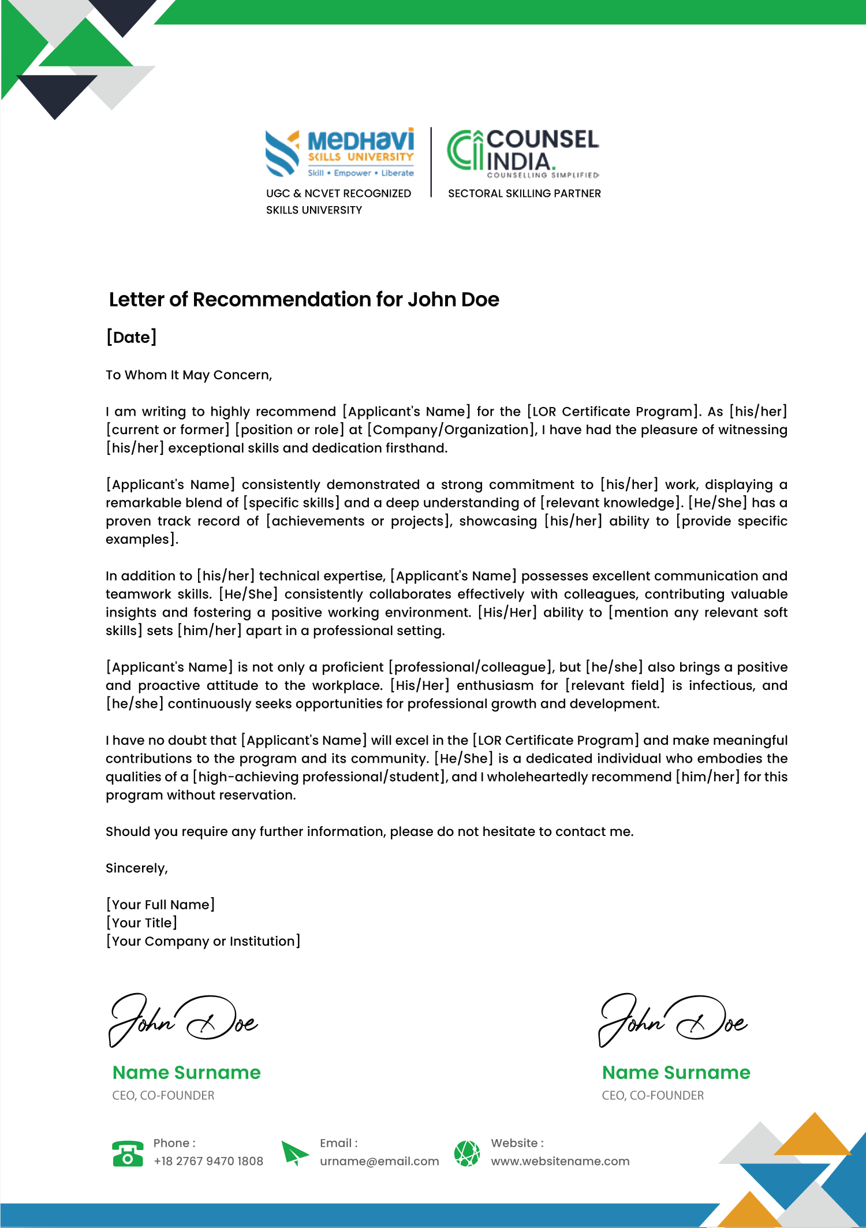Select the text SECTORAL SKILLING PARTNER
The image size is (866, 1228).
point(524,193)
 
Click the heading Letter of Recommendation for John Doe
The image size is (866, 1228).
point(304,300)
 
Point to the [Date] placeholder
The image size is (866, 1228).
point(132,337)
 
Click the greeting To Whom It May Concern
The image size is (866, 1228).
point(189,375)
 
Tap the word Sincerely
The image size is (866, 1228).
point(137,868)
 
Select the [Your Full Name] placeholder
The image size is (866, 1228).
point(160,905)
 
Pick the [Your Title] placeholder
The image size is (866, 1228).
point(141,923)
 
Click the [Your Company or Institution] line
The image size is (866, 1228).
point(203,942)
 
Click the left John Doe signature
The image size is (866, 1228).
point(184,1020)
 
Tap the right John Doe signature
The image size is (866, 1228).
point(673,1020)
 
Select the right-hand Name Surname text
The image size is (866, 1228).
point(676,1073)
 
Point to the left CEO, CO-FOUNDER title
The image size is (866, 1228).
point(163,1096)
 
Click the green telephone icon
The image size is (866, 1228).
point(128,1154)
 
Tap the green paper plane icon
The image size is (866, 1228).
point(294,1153)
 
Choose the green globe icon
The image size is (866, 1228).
point(467,1154)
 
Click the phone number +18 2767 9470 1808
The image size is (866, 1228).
point(208,1162)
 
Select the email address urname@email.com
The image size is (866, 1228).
point(379,1162)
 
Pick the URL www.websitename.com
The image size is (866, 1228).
point(560,1162)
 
